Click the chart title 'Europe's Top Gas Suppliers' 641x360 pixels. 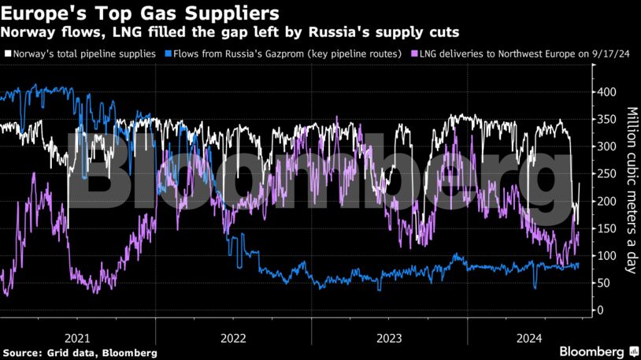[x=140, y=13]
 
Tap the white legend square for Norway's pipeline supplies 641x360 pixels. [x=8, y=54]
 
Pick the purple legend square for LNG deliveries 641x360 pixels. [x=416, y=54]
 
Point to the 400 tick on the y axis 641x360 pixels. [x=606, y=92]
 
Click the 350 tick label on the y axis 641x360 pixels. [x=606, y=120]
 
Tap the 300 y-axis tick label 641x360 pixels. [x=606, y=147]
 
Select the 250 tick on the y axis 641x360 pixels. [x=606, y=174]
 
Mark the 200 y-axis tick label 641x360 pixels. [x=606, y=202]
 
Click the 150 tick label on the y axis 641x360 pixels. [x=606, y=228]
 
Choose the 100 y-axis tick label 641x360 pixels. [x=606, y=256]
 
